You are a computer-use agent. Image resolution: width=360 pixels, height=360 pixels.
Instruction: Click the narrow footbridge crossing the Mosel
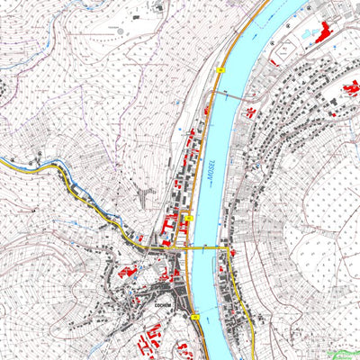229,94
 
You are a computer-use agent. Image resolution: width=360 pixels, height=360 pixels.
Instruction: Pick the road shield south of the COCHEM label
193,317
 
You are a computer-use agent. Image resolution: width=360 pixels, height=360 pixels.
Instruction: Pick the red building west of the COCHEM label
126,270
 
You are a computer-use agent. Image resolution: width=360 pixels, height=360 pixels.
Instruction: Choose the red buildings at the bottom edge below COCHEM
148,346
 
